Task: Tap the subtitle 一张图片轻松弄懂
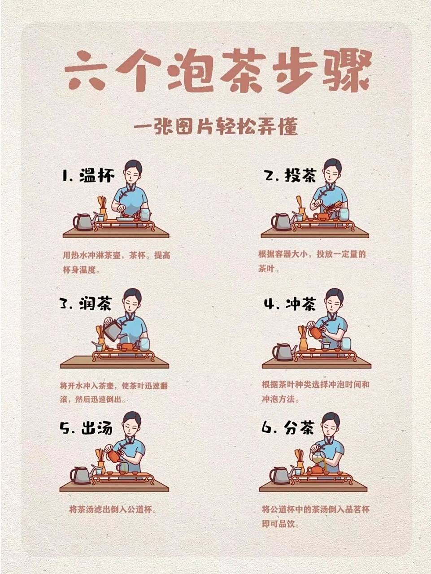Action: coord(216,127)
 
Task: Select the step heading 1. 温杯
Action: coord(88,175)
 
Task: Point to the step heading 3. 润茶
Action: coord(85,304)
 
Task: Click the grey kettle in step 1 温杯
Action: coord(83,222)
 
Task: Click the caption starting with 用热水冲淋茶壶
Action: coord(116,262)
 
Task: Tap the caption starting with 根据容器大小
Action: coord(312,261)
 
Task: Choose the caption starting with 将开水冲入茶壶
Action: coord(113,392)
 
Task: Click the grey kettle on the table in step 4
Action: coord(283,352)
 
